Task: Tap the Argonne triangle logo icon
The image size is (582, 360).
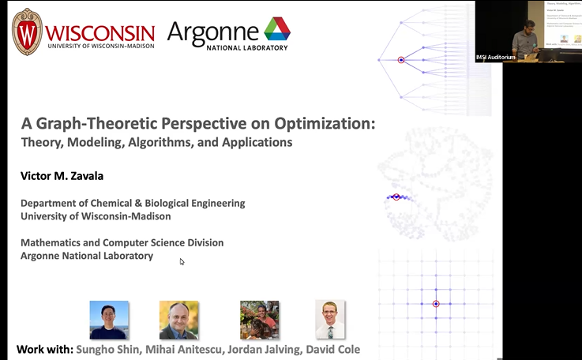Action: [x=276, y=29]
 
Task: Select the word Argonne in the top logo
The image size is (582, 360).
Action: [x=213, y=32]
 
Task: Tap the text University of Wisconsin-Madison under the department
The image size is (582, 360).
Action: [x=96, y=216]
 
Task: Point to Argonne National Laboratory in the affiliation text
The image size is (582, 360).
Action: [x=87, y=256]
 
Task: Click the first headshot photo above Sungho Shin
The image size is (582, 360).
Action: [x=109, y=320]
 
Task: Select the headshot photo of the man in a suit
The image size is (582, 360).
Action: [x=178, y=320]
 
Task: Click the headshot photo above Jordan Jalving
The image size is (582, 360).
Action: [x=259, y=320]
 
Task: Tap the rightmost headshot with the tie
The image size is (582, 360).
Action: [x=330, y=320]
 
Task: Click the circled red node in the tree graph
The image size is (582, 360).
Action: [x=401, y=60]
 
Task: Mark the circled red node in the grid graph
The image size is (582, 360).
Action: [x=435, y=304]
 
